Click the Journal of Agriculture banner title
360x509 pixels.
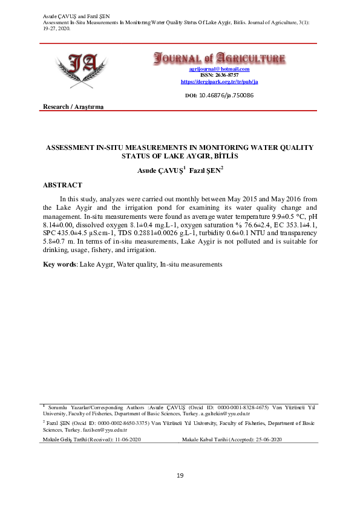(218, 59)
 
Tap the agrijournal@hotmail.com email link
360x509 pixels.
(219, 70)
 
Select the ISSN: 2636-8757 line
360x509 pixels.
(218, 75)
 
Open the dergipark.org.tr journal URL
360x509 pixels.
(219, 81)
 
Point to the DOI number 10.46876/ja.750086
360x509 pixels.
(226, 96)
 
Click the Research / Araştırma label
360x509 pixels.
(73, 107)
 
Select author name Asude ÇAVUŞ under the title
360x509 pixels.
(159, 170)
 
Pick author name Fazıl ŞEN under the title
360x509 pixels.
(206, 170)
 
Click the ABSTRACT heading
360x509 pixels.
(63, 185)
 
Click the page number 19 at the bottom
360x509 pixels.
(180, 476)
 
